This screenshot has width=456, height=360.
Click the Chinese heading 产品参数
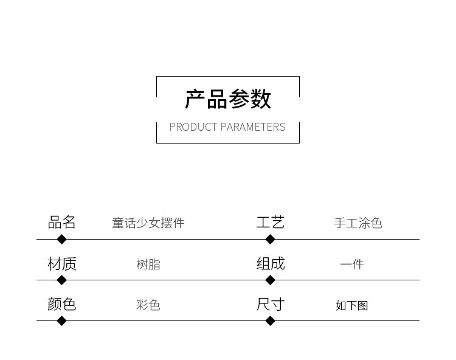click(x=228, y=99)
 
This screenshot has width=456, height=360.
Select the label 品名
click(x=62, y=222)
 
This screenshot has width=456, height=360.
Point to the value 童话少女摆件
click(x=148, y=223)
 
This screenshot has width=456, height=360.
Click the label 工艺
click(x=270, y=222)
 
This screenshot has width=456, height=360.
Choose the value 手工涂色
click(x=358, y=223)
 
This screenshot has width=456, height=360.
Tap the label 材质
click(x=62, y=263)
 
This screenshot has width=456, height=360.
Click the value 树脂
click(x=148, y=265)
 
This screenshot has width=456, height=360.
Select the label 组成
click(x=270, y=263)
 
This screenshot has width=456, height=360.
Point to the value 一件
click(x=352, y=265)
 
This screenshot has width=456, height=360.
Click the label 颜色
click(x=62, y=304)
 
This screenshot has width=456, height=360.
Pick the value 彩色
click(x=148, y=305)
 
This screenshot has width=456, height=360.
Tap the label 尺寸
click(x=270, y=304)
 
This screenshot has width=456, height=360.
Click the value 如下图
click(x=352, y=305)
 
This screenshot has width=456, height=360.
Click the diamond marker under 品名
click(x=61, y=239)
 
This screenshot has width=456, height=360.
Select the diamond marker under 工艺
click(x=271, y=239)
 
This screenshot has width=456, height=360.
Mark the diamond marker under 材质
click(x=61, y=280)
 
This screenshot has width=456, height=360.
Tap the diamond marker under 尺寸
click(x=271, y=320)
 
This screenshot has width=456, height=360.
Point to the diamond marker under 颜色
click(x=61, y=320)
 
